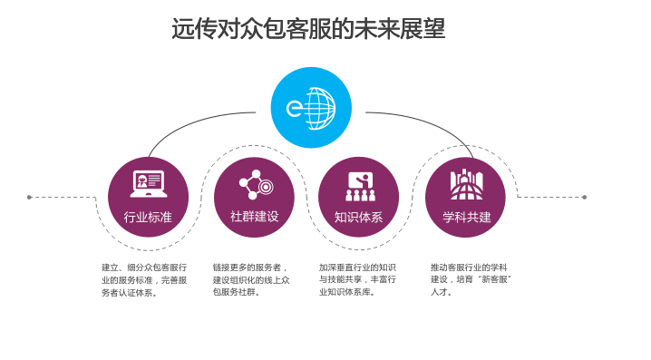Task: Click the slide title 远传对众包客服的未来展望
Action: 308,29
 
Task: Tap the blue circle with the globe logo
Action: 311,108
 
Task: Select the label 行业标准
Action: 148,217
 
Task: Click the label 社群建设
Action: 254,217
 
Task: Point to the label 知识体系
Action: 358,217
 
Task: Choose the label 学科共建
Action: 467,217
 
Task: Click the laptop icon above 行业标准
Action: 148,183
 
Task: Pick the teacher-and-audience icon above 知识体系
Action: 360,187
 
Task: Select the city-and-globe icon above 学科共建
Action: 467,185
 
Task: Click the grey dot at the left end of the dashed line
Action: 29,198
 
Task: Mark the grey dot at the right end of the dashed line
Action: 584,198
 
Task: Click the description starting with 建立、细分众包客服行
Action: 144,280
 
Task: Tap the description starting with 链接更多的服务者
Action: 251,279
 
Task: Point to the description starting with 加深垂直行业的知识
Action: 357,279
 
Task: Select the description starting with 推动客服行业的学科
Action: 471,279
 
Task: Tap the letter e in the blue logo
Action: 295,109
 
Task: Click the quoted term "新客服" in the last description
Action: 495,279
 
